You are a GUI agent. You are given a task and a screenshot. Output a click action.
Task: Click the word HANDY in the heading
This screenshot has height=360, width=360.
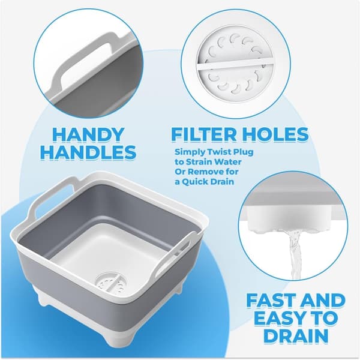tap(88, 135)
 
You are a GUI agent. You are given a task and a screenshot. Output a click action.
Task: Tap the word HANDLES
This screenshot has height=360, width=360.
tap(88, 152)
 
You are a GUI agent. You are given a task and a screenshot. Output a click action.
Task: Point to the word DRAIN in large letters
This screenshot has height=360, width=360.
tap(296, 336)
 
